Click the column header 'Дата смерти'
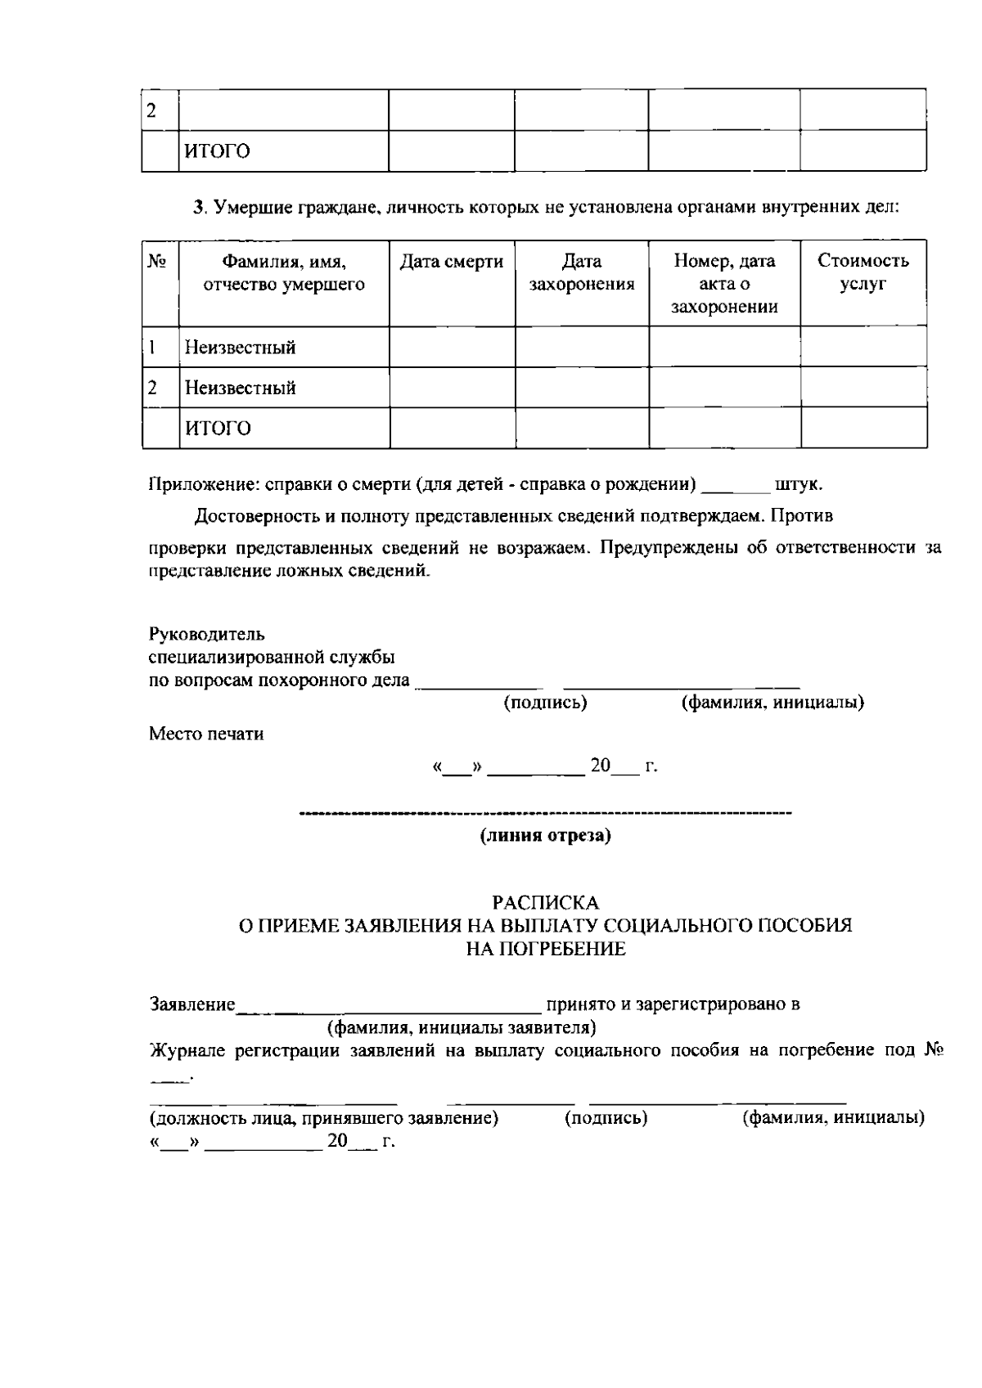(x=452, y=262)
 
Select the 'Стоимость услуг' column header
(x=863, y=273)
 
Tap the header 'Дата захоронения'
(x=582, y=273)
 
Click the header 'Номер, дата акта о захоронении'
(x=724, y=284)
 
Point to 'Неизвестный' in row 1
(x=240, y=348)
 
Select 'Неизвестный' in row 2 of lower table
(x=240, y=388)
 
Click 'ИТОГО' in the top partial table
(x=217, y=151)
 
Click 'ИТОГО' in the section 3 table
(x=217, y=429)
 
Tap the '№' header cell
(x=158, y=262)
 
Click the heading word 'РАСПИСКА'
(x=545, y=903)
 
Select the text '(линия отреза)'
(x=545, y=836)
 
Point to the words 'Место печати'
(x=206, y=734)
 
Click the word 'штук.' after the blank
(x=798, y=484)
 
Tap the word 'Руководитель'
(x=206, y=635)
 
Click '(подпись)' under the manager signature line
(x=545, y=703)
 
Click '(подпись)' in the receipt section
(x=606, y=1118)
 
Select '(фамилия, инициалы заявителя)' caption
(x=461, y=1027)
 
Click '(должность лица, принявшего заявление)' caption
(x=323, y=1118)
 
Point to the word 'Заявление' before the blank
(x=192, y=1004)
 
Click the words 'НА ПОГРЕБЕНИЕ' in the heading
(x=545, y=950)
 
